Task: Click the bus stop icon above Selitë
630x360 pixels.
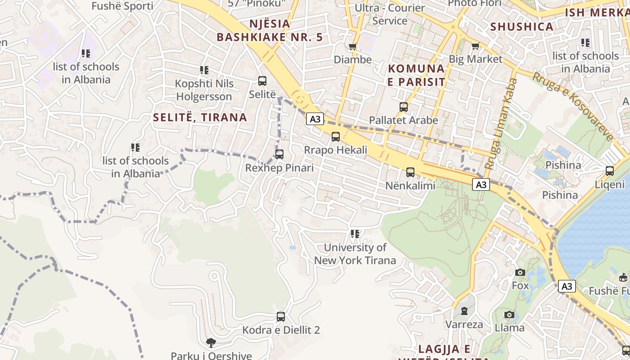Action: point(262,81)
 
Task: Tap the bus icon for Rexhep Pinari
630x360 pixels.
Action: point(279,154)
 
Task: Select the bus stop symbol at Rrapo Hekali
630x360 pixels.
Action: point(336,137)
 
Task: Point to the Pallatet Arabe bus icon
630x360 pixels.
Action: point(404,107)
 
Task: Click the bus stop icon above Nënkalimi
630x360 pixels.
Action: point(410,172)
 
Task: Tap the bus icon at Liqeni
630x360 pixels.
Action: point(610,171)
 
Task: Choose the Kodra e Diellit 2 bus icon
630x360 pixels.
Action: point(281,317)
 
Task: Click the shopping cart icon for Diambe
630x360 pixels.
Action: point(353,46)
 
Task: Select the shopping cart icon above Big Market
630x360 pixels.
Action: point(475,46)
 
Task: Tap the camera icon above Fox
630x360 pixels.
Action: point(520,272)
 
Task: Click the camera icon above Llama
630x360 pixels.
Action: point(509,315)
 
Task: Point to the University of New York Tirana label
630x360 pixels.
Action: point(355,254)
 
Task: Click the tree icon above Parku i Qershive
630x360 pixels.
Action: point(211,343)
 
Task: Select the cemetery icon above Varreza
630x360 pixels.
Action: point(464,311)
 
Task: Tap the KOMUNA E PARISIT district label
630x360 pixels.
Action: point(416,75)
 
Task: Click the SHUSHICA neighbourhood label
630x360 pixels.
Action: point(522,27)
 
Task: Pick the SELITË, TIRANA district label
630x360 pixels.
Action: point(200,117)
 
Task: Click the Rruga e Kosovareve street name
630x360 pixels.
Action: point(573,106)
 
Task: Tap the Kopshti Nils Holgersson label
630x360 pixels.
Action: point(204,90)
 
